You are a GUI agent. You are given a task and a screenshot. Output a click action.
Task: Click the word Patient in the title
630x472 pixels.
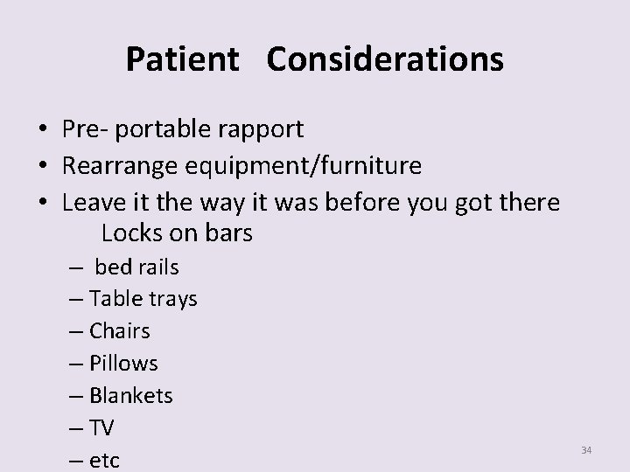(x=182, y=60)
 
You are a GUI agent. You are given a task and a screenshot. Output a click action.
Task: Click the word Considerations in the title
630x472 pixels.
(x=385, y=60)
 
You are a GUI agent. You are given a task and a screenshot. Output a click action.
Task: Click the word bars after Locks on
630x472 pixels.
(x=226, y=233)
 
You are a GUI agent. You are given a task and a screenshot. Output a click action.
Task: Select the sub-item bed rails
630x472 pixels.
(x=136, y=267)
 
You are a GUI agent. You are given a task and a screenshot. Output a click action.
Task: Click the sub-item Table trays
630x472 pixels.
(x=143, y=299)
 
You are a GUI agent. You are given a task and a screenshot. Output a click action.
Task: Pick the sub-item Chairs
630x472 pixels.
(x=119, y=331)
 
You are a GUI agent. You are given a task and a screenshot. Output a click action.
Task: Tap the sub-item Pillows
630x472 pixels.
(x=123, y=363)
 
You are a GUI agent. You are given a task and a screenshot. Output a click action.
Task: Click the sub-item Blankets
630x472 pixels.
(x=131, y=395)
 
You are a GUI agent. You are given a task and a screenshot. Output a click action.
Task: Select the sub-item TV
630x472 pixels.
(x=101, y=427)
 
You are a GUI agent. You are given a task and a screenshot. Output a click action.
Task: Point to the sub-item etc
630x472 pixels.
(x=104, y=460)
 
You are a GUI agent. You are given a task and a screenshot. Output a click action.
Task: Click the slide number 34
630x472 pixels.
(x=586, y=450)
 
